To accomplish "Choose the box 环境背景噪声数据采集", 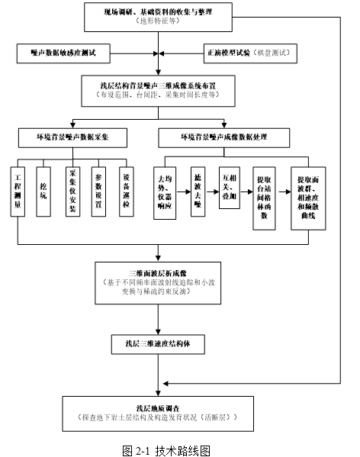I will coord(73,137).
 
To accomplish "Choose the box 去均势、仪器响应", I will coord(169,191).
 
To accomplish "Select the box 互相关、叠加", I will coord(230,184).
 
